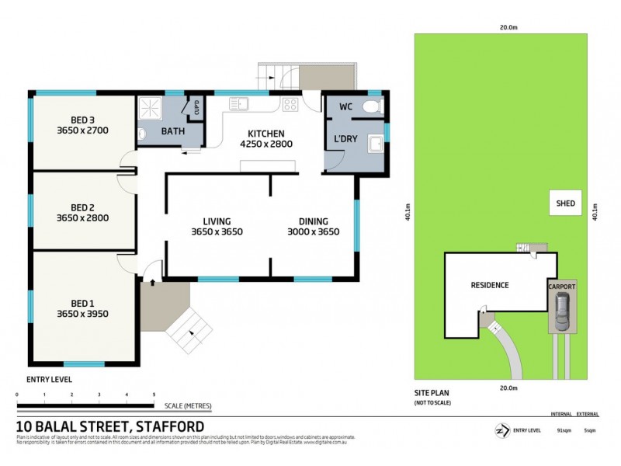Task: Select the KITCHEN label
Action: pos(266,133)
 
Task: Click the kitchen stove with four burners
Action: pos(290,105)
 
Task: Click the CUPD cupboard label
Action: pos(196,106)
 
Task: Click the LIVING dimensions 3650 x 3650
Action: pos(217,231)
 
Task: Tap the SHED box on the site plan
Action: pos(565,205)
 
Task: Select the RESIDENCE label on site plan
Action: pos(490,285)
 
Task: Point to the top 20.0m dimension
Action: pos(508,27)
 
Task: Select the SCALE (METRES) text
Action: pos(187,406)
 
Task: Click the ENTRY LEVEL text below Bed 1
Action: pos(50,379)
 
